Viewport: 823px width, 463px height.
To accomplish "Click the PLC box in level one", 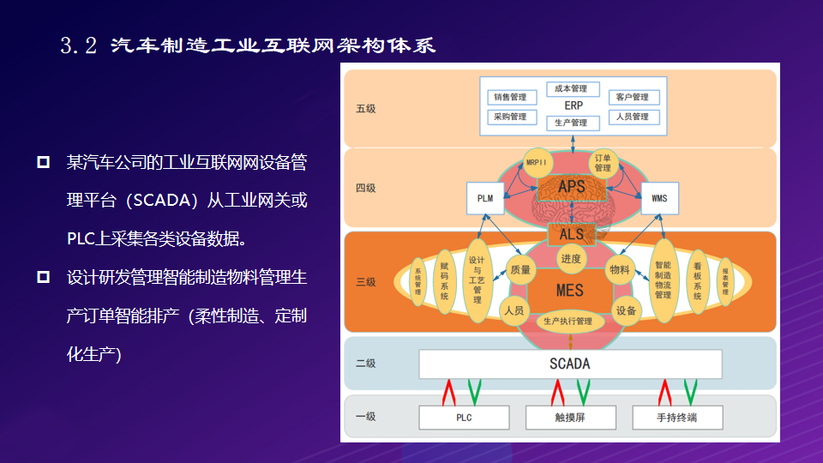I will (x=463, y=418).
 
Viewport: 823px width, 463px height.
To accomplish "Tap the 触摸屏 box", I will (x=570, y=418).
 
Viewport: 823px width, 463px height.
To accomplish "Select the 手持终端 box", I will (x=677, y=418).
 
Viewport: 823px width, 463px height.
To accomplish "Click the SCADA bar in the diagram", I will (x=570, y=364).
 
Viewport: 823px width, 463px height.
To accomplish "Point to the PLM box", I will (x=485, y=199).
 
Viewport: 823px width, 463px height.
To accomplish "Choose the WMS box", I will (x=659, y=199).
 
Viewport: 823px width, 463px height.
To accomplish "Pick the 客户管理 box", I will (x=633, y=97).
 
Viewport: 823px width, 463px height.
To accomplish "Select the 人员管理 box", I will (x=633, y=117).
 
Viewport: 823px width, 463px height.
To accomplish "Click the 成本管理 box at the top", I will (x=571, y=88).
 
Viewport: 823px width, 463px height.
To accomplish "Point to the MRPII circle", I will (x=537, y=163).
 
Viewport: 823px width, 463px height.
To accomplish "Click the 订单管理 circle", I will (x=603, y=163).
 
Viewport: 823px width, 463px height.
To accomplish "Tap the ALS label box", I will (x=570, y=234).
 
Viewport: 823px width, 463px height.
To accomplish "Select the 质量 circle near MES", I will (x=520, y=269).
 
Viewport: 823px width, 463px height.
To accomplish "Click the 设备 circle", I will (x=626, y=310).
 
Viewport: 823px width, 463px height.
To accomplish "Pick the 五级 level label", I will (x=365, y=109).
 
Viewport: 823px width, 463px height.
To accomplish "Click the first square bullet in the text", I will (x=43, y=161).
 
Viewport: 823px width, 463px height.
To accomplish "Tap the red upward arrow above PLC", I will (x=448, y=393).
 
